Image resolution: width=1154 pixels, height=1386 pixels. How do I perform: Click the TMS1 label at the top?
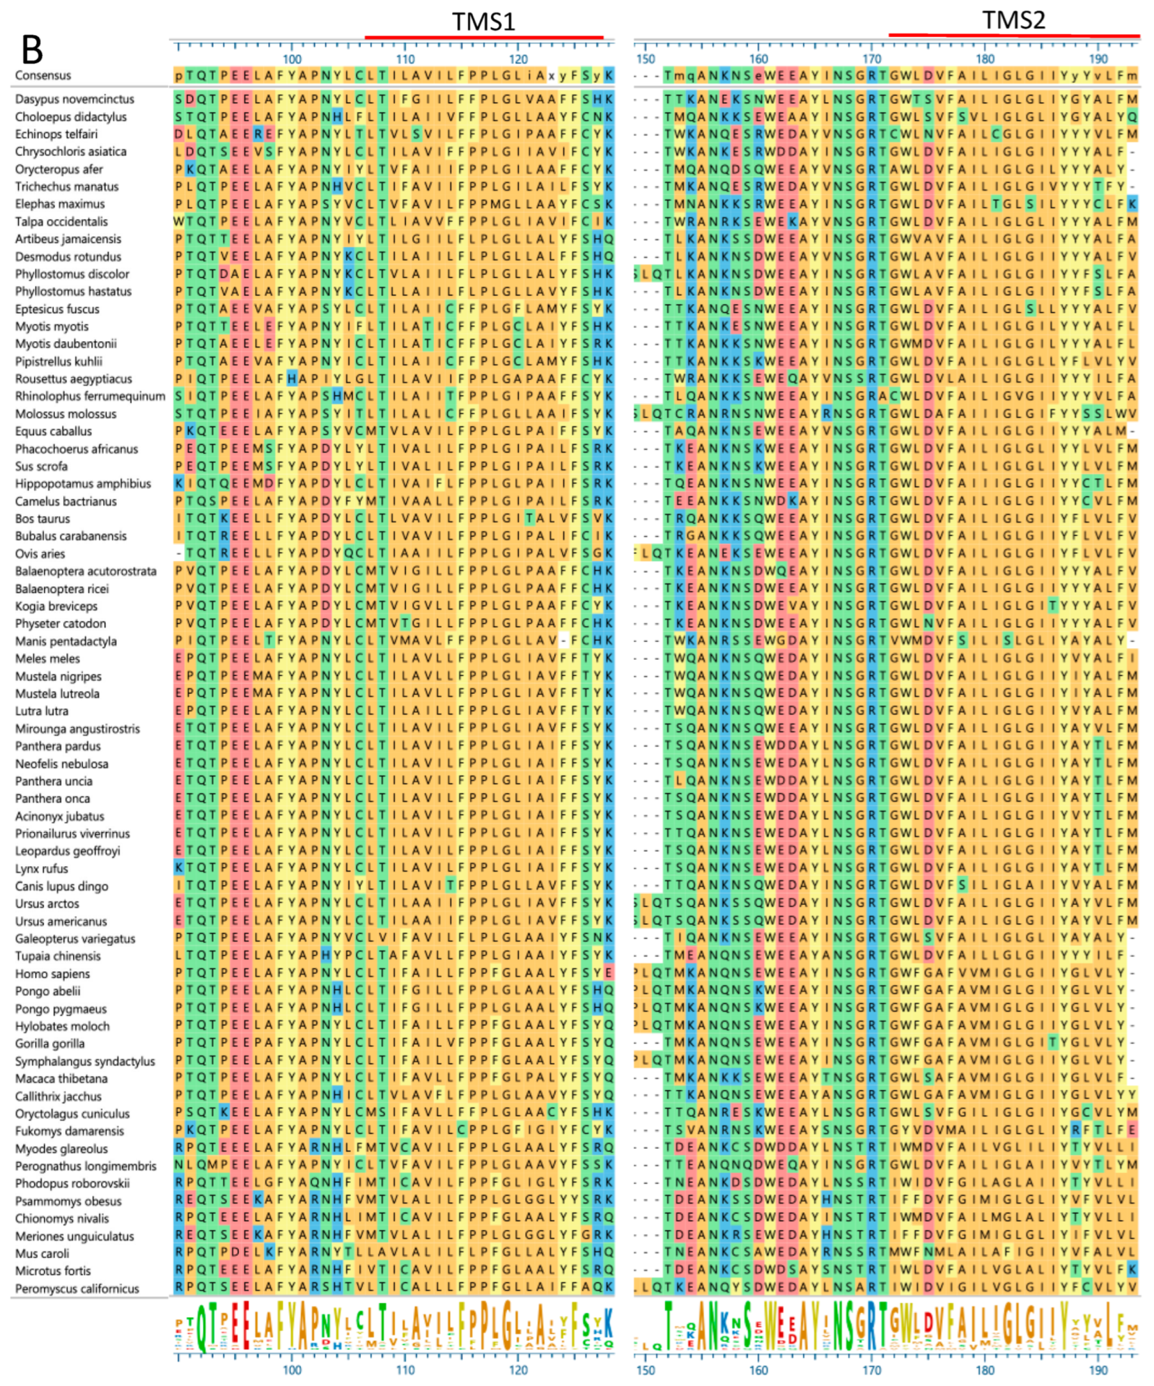(483, 22)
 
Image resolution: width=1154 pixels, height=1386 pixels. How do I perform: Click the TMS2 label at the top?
(1013, 20)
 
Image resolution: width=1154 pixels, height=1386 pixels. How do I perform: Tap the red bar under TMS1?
(483, 37)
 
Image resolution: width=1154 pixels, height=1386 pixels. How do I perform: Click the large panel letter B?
(32, 50)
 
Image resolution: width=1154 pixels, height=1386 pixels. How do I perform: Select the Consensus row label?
(43, 75)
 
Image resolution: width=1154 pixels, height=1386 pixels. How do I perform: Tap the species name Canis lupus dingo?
(61, 886)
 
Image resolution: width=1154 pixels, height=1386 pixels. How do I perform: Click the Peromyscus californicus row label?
(77, 1289)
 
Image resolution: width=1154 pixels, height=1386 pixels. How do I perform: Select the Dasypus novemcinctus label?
(75, 99)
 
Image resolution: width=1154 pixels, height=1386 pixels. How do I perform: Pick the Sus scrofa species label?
(41, 466)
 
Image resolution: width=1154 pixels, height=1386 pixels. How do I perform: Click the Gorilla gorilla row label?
(50, 1044)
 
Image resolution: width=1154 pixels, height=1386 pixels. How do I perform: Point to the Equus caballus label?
(54, 432)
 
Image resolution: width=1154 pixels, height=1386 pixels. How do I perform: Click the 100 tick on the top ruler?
(292, 59)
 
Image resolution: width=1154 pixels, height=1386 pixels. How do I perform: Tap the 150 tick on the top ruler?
(646, 59)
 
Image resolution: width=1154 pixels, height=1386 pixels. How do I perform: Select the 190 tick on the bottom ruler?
(1098, 1370)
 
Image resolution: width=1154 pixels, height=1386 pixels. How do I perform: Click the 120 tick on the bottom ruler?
(518, 1370)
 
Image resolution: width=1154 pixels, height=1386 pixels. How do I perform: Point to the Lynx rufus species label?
(42, 869)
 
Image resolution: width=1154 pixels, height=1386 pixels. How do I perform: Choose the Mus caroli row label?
(42, 1254)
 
